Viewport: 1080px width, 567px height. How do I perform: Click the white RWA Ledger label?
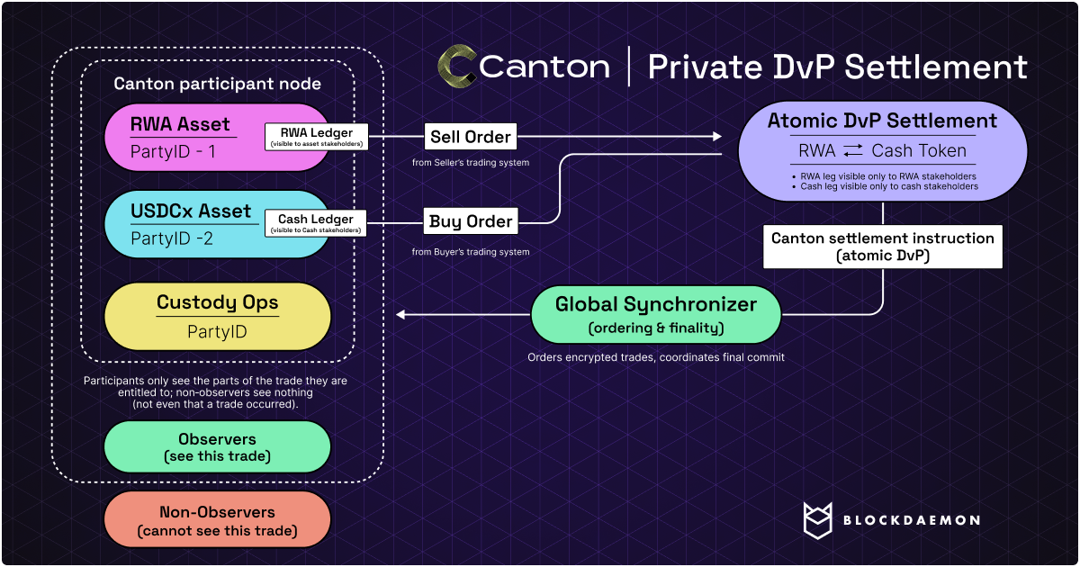313,137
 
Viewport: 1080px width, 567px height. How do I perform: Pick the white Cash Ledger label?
315,223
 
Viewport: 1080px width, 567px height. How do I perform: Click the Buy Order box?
471,221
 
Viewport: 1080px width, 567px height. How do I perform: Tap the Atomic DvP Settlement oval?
882,150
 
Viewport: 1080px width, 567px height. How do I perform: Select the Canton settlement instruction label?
882,246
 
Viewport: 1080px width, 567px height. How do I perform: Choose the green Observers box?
218,446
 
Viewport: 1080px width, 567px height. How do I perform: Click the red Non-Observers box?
218,521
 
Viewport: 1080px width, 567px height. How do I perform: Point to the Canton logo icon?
456,67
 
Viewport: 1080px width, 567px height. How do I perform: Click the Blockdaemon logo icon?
821,520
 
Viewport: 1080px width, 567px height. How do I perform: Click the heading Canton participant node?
217,84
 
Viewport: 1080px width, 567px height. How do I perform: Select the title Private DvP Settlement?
837,67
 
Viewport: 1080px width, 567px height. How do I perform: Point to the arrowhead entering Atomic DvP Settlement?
718,137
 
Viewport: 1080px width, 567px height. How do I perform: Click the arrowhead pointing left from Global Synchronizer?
401,314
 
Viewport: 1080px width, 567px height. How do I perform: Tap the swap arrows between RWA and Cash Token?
854,151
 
